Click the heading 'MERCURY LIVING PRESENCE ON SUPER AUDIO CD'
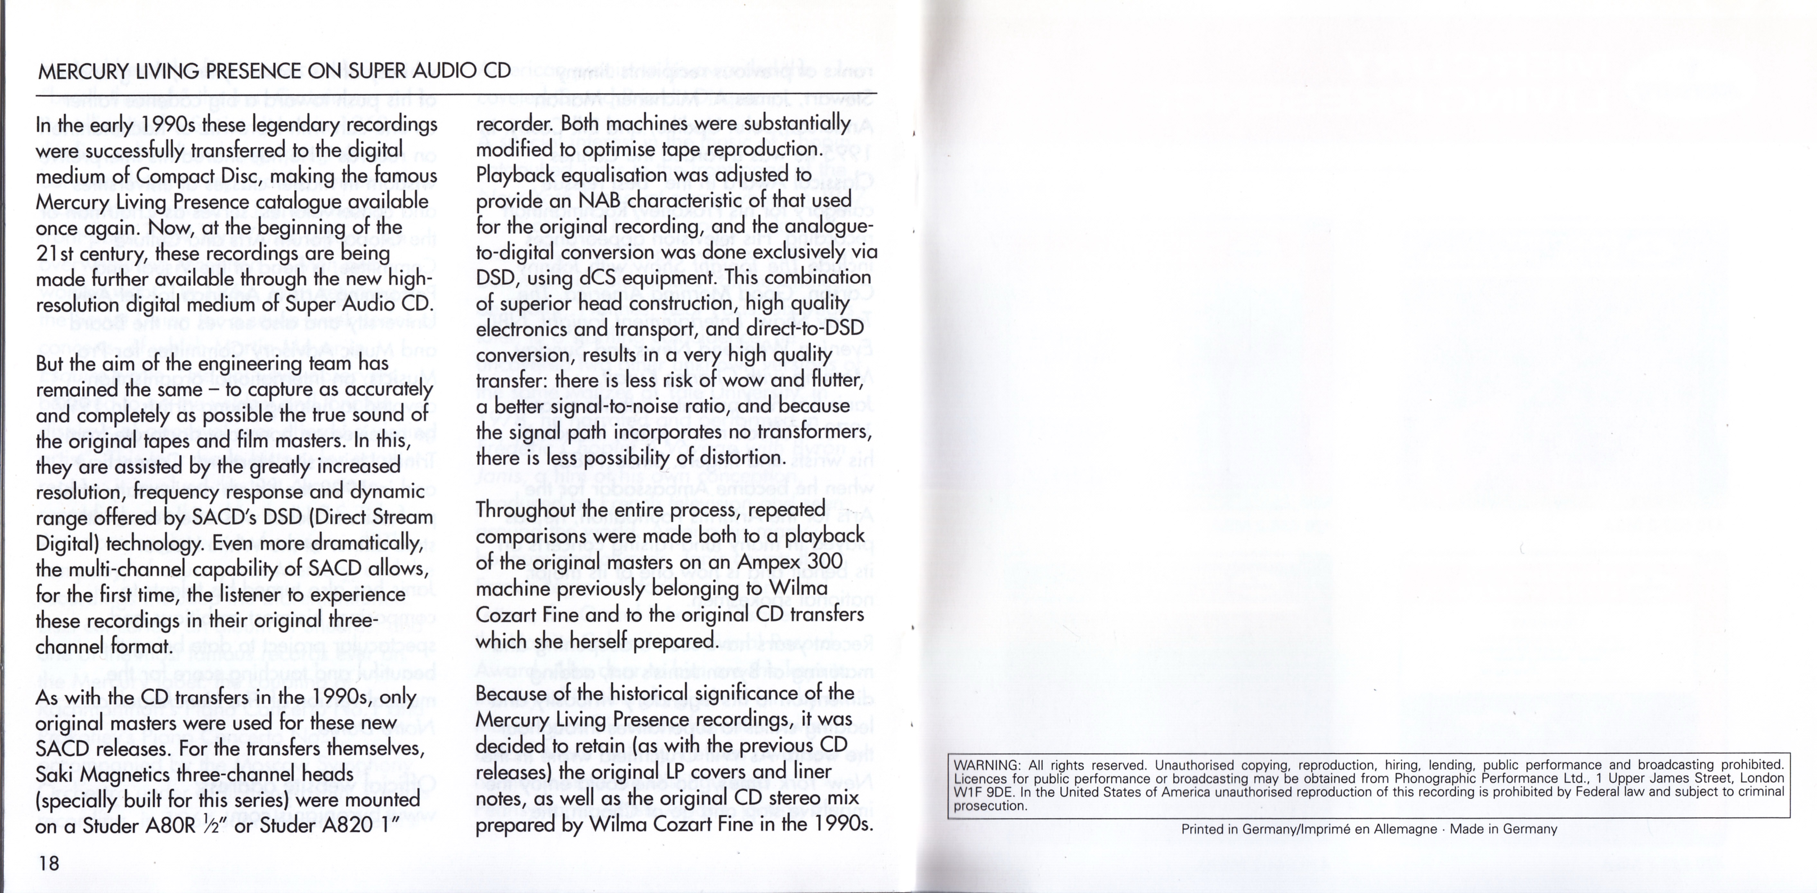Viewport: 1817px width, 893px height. click(x=274, y=71)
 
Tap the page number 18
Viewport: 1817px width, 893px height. click(x=49, y=863)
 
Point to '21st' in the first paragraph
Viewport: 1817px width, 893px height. click(x=55, y=253)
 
